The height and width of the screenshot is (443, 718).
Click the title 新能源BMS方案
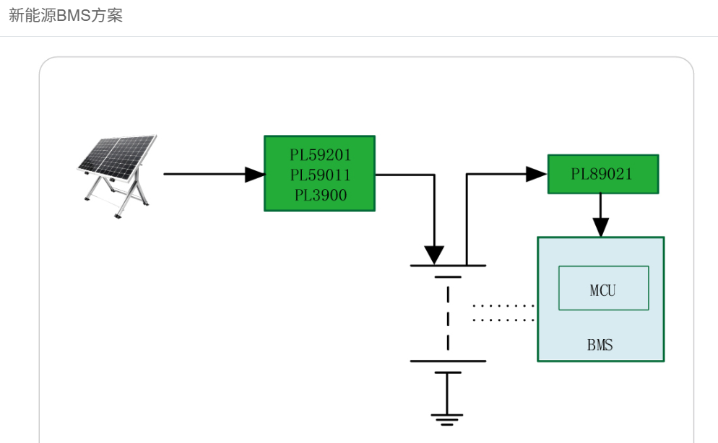(x=66, y=16)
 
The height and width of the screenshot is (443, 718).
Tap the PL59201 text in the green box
(x=320, y=155)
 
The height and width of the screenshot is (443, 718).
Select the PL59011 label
(x=320, y=175)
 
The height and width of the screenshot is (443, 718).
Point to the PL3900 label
(x=320, y=195)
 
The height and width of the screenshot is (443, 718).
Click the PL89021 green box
(x=602, y=174)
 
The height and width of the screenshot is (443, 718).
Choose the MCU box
(x=603, y=288)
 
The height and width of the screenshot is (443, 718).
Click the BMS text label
(x=600, y=345)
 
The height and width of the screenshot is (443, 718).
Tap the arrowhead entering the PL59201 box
(x=255, y=174)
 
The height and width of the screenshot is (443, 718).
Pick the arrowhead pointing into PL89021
(x=536, y=174)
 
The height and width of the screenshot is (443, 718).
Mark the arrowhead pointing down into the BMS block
(x=600, y=227)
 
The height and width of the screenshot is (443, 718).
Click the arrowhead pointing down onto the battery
(x=434, y=255)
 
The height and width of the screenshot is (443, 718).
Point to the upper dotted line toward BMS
(x=503, y=306)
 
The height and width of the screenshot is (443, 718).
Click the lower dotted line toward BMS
(x=503, y=320)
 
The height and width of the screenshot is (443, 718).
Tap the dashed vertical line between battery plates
(x=448, y=317)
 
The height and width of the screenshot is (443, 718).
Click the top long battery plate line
(x=448, y=266)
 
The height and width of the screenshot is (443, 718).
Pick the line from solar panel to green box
(x=206, y=174)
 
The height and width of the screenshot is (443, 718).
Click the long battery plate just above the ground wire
(x=448, y=361)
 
